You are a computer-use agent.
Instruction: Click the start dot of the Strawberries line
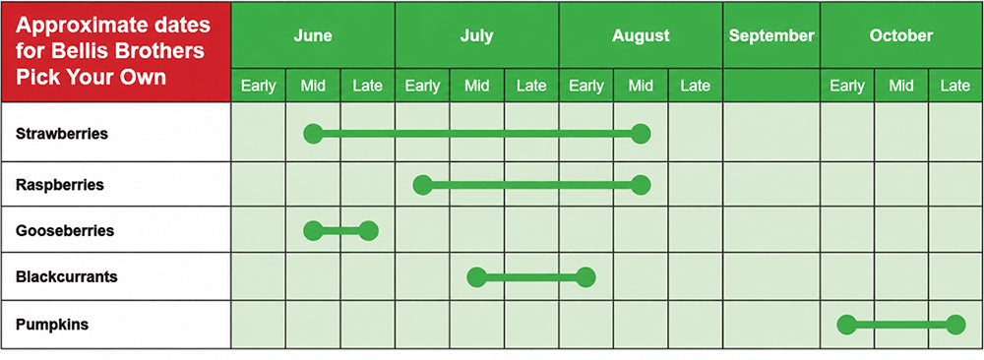(x=313, y=134)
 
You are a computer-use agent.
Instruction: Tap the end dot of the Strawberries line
(x=641, y=134)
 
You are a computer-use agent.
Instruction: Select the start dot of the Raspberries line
(x=422, y=185)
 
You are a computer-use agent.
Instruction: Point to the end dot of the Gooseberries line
(x=368, y=231)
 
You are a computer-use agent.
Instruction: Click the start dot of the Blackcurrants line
(x=477, y=276)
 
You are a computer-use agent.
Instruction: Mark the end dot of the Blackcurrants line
(x=586, y=276)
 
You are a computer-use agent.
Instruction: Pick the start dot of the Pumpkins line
(x=846, y=325)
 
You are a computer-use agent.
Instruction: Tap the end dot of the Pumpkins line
(x=955, y=325)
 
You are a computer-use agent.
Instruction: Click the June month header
(x=313, y=35)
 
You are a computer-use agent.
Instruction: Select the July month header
(x=476, y=35)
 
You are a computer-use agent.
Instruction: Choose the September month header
(x=771, y=36)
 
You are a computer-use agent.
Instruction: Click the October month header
(x=901, y=35)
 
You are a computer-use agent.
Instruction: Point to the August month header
(x=641, y=36)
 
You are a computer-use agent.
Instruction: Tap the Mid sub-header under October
(x=901, y=86)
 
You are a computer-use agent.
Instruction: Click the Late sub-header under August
(x=696, y=86)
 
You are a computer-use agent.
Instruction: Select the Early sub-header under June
(x=259, y=86)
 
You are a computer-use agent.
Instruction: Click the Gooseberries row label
(x=65, y=231)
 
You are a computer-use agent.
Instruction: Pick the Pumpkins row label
(x=52, y=325)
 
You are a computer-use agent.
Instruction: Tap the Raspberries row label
(x=60, y=186)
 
